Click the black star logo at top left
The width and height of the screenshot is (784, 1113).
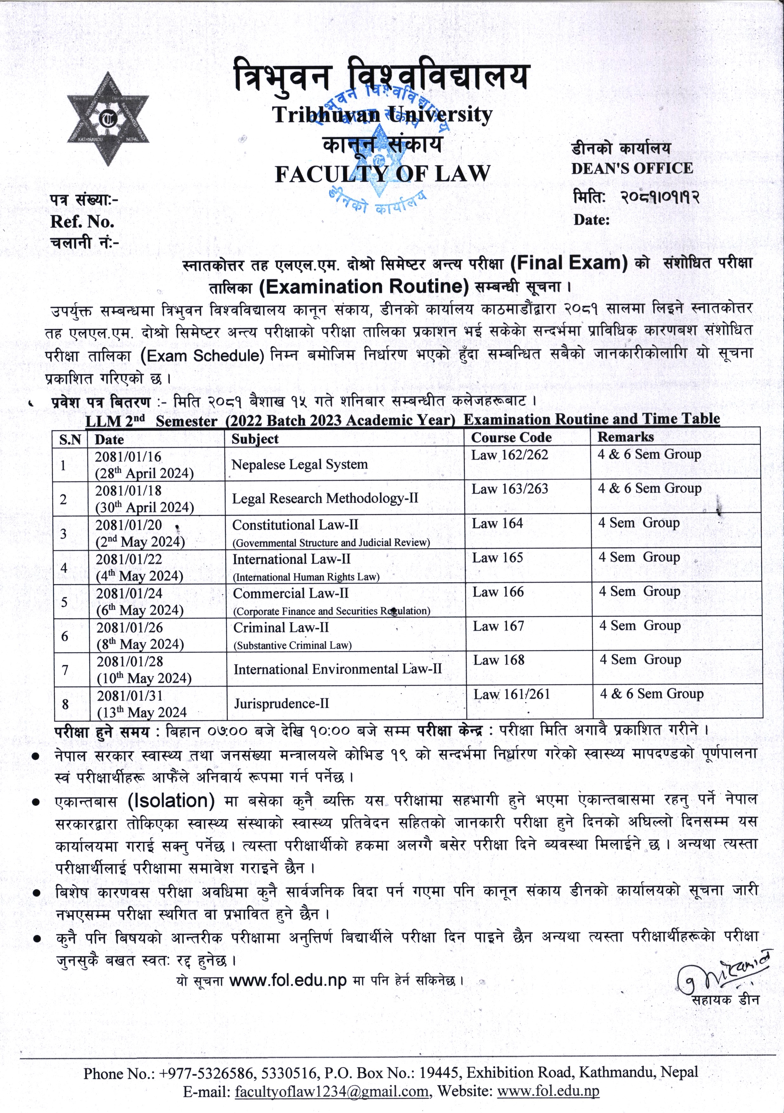108,118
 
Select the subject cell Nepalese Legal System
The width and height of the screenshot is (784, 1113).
299,464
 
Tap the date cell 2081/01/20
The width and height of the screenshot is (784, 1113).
128,525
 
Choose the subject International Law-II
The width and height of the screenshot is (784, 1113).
291,559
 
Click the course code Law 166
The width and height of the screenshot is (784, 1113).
498,592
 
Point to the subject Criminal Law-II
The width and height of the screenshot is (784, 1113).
281,627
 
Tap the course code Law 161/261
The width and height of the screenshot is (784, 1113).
511,694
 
